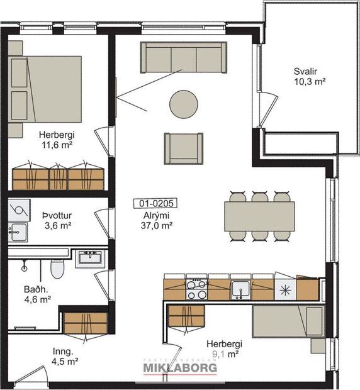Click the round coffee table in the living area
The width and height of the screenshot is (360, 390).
click(183, 103)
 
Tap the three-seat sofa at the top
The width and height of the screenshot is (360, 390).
click(183, 57)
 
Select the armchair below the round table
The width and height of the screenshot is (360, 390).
click(184, 147)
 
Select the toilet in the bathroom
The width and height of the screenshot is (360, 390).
click(57, 269)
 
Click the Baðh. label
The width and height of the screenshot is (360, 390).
click(37, 290)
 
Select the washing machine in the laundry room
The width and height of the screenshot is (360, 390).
click(18, 209)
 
